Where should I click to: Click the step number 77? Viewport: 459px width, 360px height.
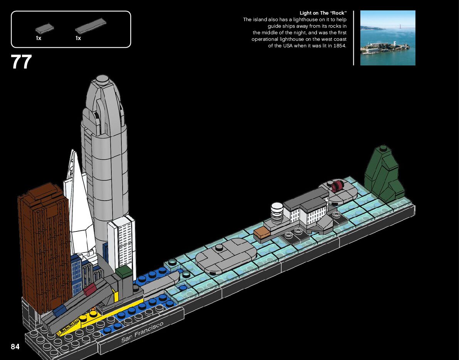pyautogui.click(x=21, y=62)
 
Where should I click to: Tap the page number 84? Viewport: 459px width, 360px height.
pyautogui.click(x=15, y=347)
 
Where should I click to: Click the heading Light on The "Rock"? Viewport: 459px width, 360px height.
pyautogui.click(x=323, y=13)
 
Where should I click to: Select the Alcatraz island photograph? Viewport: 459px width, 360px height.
pyautogui.click(x=388, y=38)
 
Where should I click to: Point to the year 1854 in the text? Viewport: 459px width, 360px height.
pyautogui.click(x=340, y=46)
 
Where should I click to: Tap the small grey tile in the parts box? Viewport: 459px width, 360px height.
pyautogui.click(x=44, y=28)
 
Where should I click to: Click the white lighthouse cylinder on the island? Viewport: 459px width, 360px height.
pyautogui.click(x=277, y=212)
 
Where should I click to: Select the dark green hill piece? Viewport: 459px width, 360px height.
pyautogui.click(x=383, y=175)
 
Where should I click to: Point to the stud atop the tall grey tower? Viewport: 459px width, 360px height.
pyautogui.click(x=102, y=79)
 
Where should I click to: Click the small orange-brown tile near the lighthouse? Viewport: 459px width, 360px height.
pyautogui.click(x=262, y=232)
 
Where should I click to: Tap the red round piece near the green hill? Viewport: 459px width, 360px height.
pyautogui.click(x=337, y=186)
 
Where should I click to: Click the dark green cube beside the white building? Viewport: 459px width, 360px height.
pyautogui.click(x=124, y=272)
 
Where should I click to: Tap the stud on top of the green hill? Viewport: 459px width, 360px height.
pyautogui.click(x=383, y=148)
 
